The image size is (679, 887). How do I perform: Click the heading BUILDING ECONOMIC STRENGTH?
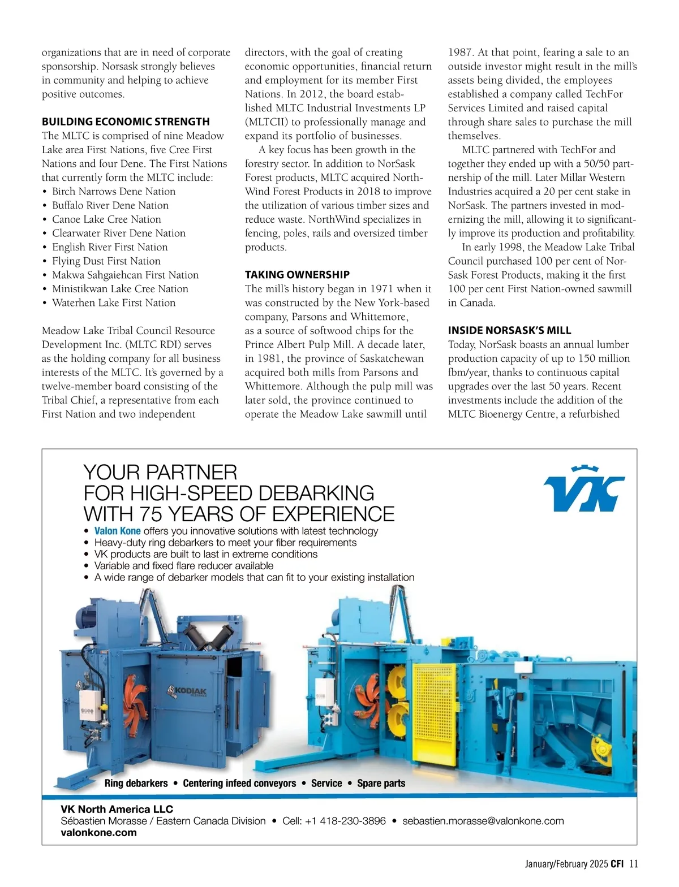(x=126, y=122)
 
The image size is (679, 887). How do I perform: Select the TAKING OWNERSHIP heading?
(x=297, y=275)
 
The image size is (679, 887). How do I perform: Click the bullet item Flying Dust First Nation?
(x=106, y=261)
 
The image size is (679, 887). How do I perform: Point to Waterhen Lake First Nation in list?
(x=113, y=302)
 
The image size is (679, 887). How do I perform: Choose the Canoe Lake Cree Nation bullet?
(x=106, y=219)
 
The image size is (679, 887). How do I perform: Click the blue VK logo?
(x=584, y=489)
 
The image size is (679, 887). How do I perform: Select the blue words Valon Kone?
(x=118, y=531)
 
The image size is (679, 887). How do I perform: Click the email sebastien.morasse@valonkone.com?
(x=483, y=821)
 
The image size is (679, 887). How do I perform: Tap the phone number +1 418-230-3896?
(x=345, y=821)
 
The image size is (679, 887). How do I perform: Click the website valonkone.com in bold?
(x=98, y=832)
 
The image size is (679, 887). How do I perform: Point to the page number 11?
(x=633, y=864)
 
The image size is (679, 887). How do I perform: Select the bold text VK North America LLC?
(x=117, y=809)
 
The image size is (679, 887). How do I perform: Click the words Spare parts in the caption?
(x=381, y=783)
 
